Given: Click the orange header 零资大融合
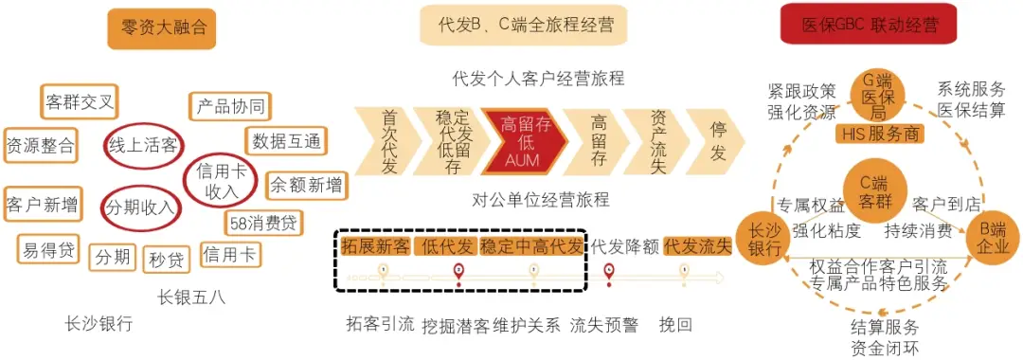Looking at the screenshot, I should [161, 27].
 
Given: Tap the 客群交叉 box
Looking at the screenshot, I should [81, 100].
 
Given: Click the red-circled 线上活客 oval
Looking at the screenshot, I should [143, 146].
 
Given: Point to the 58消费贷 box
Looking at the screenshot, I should [263, 224].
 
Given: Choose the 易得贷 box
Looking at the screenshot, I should [47, 250].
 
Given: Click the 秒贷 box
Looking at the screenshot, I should [167, 258].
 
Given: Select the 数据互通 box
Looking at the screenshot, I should [286, 141].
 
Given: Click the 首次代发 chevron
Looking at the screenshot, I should [387, 141].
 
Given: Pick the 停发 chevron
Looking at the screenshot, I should [715, 141].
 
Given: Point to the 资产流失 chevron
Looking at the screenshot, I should [655, 141].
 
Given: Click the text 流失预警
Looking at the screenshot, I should [604, 325].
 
